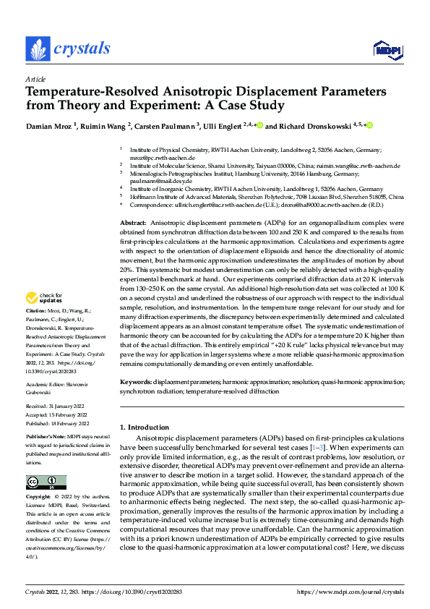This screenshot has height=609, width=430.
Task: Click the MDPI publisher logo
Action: pyautogui.click(x=387, y=49)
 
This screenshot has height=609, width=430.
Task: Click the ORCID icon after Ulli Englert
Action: pyautogui.click(x=259, y=126)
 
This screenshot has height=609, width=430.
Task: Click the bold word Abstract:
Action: pyautogui.click(x=134, y=223)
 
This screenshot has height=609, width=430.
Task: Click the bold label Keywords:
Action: pyautogui.click(x=136, y=381)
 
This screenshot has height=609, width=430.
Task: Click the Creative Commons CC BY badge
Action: pyautogui.click(x=46, y=482)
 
